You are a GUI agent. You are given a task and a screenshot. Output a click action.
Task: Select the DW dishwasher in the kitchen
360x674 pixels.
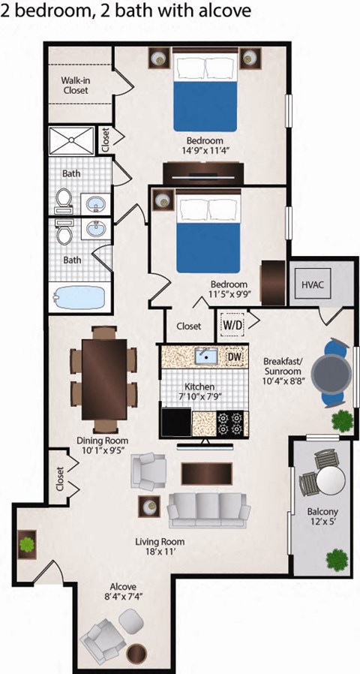pos(234,357)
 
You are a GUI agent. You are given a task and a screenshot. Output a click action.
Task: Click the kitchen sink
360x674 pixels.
pos(203,356)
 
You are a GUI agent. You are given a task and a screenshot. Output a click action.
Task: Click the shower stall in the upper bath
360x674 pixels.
pos(71,141)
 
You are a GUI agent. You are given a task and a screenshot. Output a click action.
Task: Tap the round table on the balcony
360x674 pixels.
pos(328,480)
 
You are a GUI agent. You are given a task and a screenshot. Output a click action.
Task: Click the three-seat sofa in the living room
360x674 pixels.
pos(208,510)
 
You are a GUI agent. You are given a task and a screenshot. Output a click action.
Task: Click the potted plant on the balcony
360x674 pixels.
pos(337,558)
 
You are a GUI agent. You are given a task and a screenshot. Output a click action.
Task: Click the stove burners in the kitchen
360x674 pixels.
pos(230,423)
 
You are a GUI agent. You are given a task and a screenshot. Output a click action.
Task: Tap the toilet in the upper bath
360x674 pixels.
pos(64,198)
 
